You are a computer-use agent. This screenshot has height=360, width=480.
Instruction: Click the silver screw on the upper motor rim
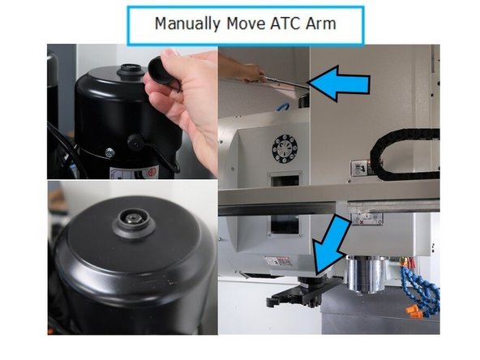pos(108,152)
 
